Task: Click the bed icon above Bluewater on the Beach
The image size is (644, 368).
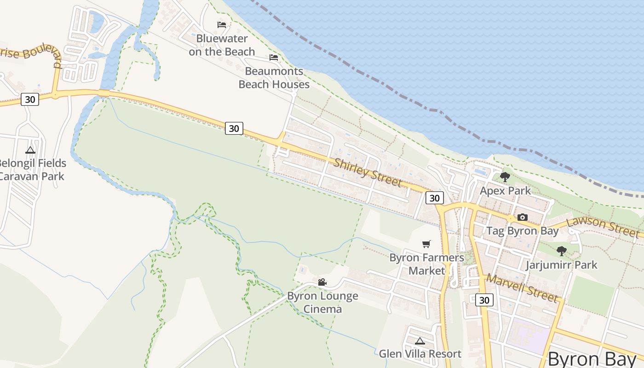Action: (222, 25)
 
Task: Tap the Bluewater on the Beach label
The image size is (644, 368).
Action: (222, 45)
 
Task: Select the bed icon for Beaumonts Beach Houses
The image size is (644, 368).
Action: (274, 57)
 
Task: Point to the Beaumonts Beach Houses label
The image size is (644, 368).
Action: (274, 78)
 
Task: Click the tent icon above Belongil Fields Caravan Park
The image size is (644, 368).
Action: (30, 150)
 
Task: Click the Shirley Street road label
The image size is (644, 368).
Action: (368, 172)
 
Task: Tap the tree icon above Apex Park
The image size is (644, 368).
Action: (505, 177)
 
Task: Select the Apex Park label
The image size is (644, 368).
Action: (505, 190)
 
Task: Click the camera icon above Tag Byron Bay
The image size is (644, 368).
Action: (522, 217)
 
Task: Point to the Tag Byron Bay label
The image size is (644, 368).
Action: (522, 231)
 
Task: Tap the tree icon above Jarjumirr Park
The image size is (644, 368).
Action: (561, 251)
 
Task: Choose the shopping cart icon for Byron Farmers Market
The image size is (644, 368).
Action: (426, 244)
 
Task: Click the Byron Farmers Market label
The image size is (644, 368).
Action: (426, 264)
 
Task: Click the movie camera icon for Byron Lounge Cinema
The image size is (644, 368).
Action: (322, 282)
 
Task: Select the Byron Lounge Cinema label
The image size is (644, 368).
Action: (322, 302)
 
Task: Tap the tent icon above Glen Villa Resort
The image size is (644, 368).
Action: (420, 341)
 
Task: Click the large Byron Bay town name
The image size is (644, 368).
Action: (592, 359)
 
